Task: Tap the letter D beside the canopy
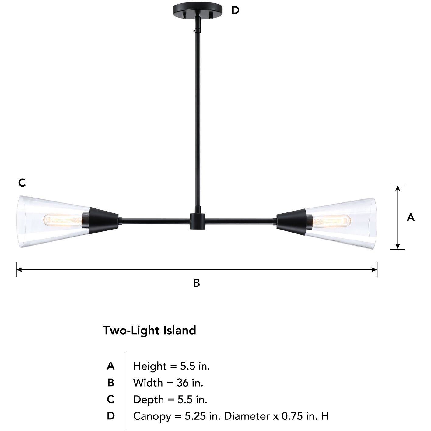[x=235, y=10]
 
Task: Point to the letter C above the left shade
[x=22, y=183]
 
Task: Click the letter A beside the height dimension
[x=411, y=217]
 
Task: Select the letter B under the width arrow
[x=197, y=283]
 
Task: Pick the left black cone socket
[x=103, y=221]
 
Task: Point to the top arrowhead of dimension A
[x=398, y=188]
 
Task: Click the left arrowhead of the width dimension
[x=19, y=270]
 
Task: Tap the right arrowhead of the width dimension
[x=374, y=270]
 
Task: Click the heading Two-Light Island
[x=149, y=330]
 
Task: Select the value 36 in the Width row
[x=182, y=383]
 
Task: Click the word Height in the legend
[x=150, y=366]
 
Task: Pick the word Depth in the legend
[x=148, y=400]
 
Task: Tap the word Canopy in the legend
[x=152, y=416]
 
